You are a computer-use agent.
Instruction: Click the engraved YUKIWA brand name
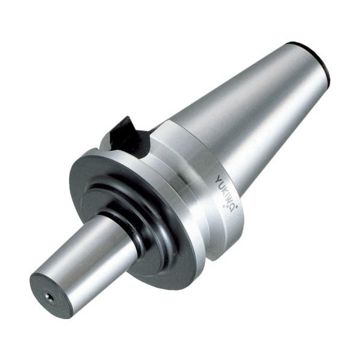pos(226,193)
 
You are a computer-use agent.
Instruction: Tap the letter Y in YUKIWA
pos(219,179)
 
